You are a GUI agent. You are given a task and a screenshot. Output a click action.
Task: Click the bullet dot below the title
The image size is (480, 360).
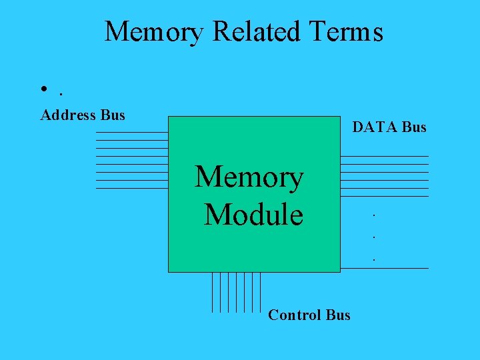[43, 90]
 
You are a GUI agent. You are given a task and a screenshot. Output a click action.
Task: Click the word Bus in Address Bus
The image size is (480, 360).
[113, 115]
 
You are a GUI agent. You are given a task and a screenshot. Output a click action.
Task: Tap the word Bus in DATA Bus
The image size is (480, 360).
[414, 127]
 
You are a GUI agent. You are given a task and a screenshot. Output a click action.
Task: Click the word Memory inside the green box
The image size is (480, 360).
[249, 177]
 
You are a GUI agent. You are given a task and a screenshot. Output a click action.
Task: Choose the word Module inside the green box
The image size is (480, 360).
[253, 215]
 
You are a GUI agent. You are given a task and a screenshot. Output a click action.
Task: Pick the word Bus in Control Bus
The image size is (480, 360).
[339, 315]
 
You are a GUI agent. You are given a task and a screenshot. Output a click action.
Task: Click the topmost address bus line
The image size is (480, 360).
[131, 132]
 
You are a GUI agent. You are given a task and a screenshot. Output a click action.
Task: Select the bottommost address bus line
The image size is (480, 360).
[131, 188]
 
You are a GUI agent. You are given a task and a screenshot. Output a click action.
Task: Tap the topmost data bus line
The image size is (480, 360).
[384, 156]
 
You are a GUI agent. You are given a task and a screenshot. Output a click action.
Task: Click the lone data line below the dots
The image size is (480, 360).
[384, 268]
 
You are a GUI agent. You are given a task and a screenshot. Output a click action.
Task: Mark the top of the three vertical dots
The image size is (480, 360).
[374, 215]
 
